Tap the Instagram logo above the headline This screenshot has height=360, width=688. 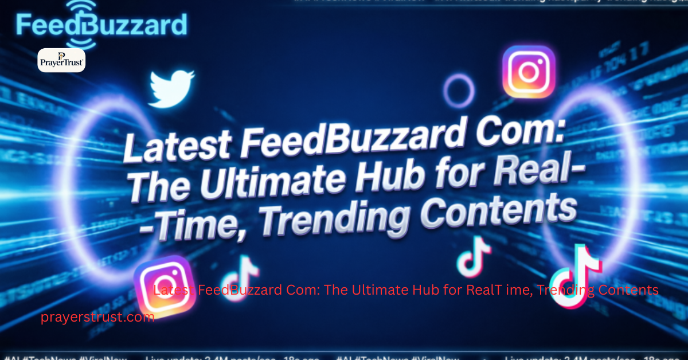coord(529,72)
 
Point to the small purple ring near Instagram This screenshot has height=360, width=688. coord(459,91)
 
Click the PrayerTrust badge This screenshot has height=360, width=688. coord(61,60)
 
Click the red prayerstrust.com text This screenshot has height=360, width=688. coord(97,317)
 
